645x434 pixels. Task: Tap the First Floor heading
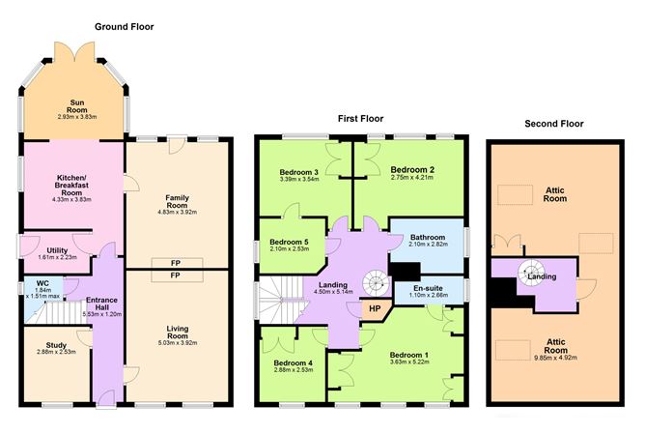click(360, 119)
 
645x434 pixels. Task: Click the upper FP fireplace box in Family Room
click(176, 263)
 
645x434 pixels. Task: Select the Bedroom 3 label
click(299, 170)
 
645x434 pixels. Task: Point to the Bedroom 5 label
click(289, 242)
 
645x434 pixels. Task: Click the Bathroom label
click(427, 238)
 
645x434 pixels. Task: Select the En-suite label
click(429, 288)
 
